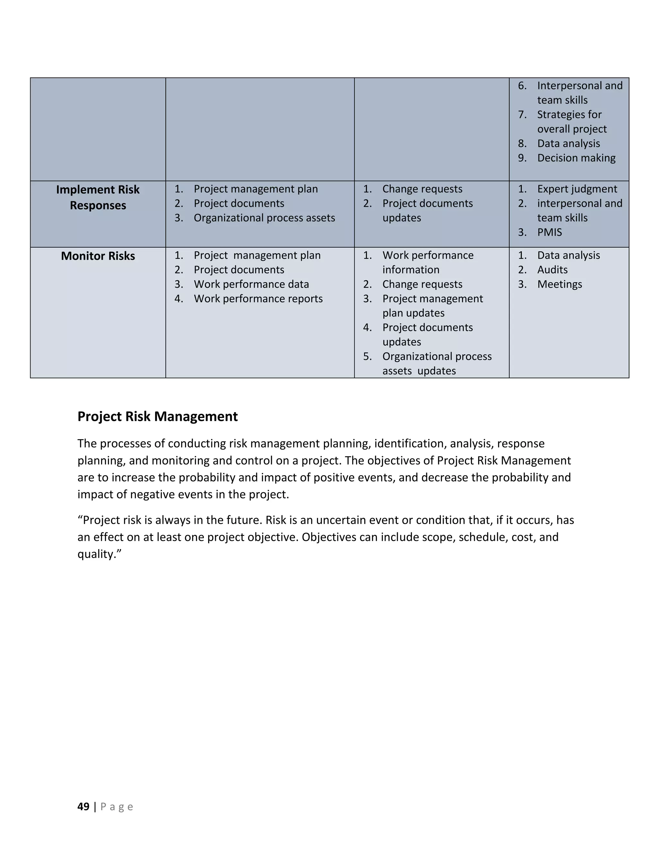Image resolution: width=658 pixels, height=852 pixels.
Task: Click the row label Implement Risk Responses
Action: click(98, 197)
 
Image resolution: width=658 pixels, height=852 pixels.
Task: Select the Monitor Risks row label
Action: click(98, 256)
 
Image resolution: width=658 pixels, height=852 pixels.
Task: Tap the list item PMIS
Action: click(549, 232)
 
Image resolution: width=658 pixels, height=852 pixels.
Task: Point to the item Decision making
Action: click(576, 158)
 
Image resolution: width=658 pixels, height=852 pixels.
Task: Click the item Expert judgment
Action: click(577, 189)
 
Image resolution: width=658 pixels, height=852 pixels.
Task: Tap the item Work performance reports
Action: click(258, 298)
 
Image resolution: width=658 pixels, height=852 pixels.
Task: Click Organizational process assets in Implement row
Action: click(264, 218)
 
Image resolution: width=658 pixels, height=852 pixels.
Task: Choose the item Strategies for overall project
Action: click(572, 122)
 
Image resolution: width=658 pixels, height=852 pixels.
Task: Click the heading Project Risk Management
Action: click(157, 416)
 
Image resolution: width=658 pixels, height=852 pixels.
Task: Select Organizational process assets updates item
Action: click(437, 363)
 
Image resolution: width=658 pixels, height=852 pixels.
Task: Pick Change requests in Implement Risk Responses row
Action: click(422, 189)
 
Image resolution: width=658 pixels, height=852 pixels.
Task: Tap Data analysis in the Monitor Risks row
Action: click(568, 255)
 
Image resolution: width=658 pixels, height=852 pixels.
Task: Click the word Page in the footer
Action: click(117, 806)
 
